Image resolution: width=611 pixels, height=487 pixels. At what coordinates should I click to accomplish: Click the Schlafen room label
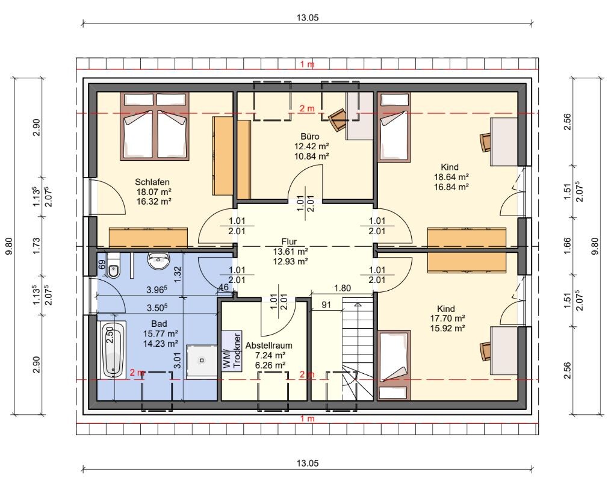pos(152,182)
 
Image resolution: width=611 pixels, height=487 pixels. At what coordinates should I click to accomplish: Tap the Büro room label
pos(310,137)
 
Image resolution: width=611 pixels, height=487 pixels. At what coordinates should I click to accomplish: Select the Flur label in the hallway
pos(290,241)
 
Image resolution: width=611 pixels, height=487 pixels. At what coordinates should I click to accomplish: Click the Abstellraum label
pos(269,346)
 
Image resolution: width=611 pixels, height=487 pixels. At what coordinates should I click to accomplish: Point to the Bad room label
pos(159,324)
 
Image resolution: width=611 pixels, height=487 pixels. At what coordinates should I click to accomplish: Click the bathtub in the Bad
pos(112,350)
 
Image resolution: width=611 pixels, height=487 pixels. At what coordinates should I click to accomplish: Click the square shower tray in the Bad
pos(202,361)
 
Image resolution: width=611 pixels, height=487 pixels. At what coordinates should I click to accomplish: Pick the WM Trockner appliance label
pos(232,350)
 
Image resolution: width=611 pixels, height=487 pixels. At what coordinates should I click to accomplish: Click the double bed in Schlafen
pos(155,126)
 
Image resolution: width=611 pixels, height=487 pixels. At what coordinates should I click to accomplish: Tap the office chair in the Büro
pos(338,119)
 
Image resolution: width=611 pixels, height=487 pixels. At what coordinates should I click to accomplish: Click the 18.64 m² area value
pos(451,177)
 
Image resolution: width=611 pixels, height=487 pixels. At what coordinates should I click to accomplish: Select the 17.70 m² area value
pos(447,318)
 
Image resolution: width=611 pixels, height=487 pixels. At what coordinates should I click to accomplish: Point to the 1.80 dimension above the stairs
pos(343,288)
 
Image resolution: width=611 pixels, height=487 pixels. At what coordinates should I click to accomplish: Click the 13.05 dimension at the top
pos(308,17)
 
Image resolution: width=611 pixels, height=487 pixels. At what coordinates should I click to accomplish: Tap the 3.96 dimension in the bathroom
pos(157,290)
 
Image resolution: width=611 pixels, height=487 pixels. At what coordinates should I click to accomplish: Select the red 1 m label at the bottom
pos(308,419)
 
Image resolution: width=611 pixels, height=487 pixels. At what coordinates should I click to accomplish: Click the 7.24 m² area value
pos(270,355)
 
